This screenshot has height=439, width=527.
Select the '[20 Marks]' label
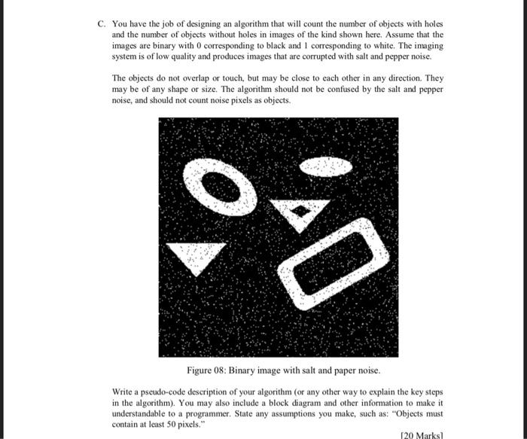coord(423,434)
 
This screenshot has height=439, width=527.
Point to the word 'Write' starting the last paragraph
coord(121,392)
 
